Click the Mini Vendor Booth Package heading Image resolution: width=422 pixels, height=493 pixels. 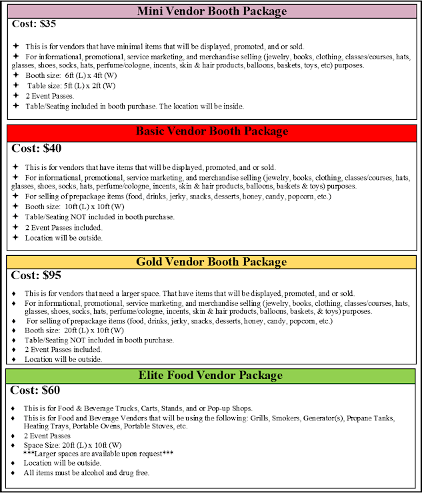(x=211, y=11)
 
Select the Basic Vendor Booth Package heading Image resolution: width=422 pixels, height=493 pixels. (x=211, y=131)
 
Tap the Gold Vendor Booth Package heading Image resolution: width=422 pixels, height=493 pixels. (x=211, y=262)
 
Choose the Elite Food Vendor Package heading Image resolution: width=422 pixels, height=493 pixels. (x=211, y=376)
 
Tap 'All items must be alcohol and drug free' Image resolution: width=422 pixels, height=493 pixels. (x=87, y=472)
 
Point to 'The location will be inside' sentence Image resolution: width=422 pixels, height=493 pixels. (x=193, y=105)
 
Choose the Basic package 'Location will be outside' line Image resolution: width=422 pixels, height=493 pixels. (x=64, y=237)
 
